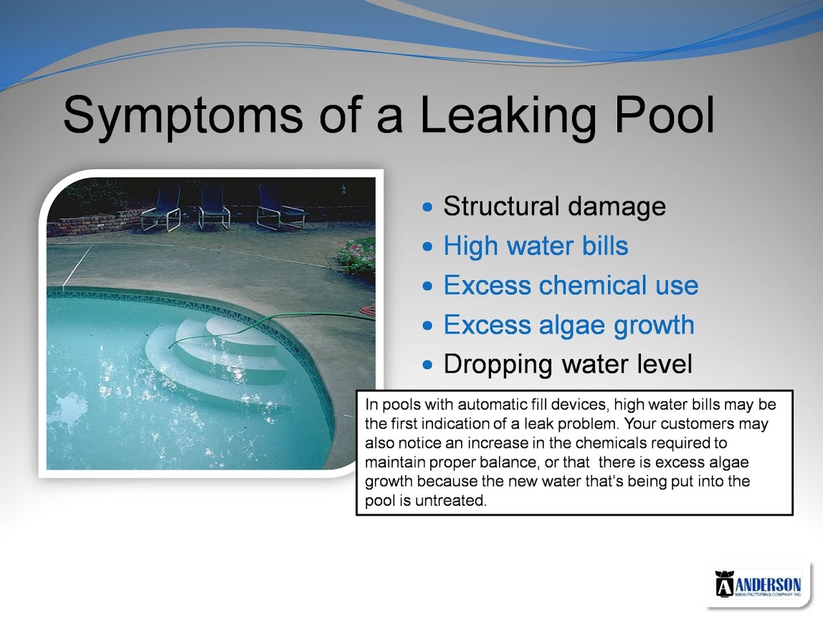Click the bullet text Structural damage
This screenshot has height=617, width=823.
[554, 206]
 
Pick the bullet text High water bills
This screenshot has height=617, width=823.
[536, 246]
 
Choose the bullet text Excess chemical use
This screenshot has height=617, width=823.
[571, 285]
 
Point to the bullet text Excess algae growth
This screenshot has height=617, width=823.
[569, 325]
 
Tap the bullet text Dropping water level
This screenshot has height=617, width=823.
[567, 365]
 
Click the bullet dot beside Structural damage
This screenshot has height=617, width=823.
[428, 207]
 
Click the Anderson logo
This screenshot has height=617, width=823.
[758, 584]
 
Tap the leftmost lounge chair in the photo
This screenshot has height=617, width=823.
[162, 209]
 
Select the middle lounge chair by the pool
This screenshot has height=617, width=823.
[214, 207]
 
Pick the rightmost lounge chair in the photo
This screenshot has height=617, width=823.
[280, 207]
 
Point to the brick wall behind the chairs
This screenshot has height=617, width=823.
[95, 223]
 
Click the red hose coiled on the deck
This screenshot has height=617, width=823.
[367, 310]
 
